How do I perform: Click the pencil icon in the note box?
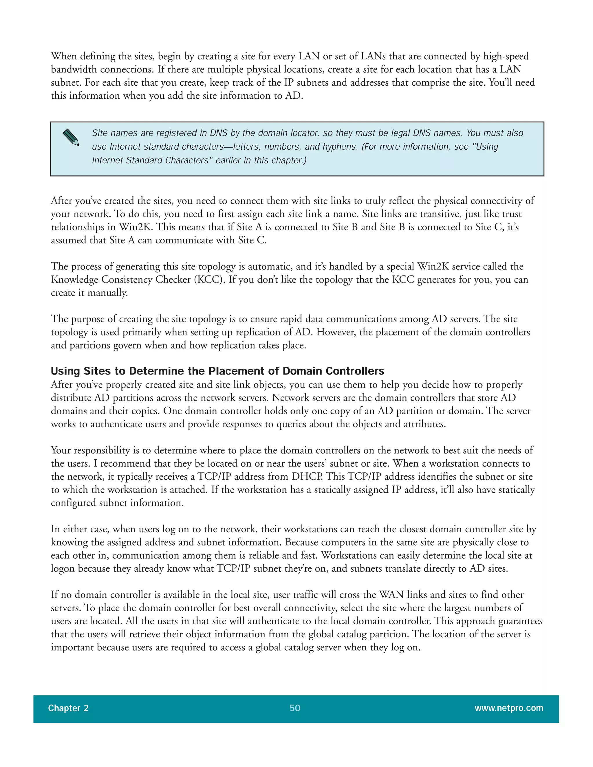[x=71, y=137]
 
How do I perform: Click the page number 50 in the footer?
[x=295, y=708]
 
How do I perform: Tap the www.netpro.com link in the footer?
[x=509, y=708]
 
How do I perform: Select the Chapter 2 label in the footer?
[x=68, y=708]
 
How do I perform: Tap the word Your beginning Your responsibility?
[x=61, y=450]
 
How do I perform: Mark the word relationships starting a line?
[x=77, y=227]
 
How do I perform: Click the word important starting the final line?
[x=72, y=647]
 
